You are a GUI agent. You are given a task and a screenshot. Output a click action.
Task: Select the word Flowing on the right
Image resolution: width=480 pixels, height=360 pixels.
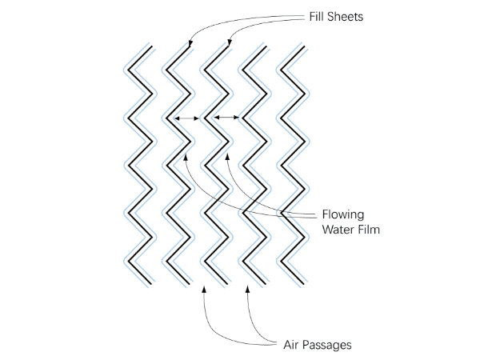point(343,214)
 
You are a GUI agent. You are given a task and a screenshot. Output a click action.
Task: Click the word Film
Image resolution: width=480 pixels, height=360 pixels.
point(370,230)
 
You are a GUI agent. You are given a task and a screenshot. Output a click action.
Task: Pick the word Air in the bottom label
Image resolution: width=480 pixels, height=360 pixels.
point(293,346)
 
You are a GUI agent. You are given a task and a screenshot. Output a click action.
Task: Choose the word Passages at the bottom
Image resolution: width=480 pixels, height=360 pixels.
point(328,346)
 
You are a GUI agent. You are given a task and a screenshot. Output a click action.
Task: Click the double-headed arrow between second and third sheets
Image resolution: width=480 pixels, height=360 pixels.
point(186,119)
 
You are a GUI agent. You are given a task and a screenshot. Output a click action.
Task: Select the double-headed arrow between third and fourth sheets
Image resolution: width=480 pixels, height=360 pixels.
point(227,119)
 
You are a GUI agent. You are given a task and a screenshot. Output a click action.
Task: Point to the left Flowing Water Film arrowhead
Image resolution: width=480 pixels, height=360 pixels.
point(186,154)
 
